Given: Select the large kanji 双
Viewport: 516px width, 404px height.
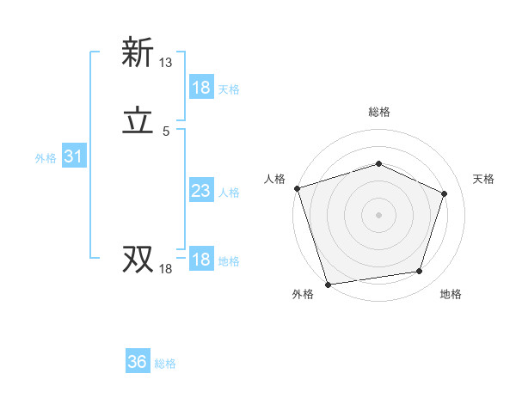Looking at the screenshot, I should (138, 259).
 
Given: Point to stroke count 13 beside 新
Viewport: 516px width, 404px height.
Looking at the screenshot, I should (165, 63).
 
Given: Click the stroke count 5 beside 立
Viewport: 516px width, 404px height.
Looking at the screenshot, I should (166, 132).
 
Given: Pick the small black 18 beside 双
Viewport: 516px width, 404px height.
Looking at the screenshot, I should (165, 269).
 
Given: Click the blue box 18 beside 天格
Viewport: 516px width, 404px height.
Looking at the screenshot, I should (201, 88).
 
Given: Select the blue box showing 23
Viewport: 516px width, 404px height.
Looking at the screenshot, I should (201, 191).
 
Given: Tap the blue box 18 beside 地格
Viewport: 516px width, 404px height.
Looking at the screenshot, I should (201, 260).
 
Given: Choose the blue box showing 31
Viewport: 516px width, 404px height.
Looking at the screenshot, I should (73, 156).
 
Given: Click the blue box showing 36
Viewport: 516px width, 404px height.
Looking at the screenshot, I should (138, 362).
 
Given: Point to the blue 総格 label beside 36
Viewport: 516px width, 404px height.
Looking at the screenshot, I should (166, 364).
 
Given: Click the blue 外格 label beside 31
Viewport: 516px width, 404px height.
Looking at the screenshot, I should (46, 158).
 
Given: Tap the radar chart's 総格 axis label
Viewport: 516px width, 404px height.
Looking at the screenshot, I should (378, 112).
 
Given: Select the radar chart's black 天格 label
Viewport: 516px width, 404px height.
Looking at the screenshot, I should (483, 179).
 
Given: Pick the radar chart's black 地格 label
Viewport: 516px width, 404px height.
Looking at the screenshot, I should (451, 294).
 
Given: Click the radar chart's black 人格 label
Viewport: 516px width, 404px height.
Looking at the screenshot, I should (275, 179).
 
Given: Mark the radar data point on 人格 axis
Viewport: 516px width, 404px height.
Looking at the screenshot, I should (297, 188).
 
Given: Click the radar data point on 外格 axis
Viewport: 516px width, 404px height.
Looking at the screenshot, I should (328, 284).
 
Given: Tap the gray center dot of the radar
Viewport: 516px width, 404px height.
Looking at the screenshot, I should (378, 214).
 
